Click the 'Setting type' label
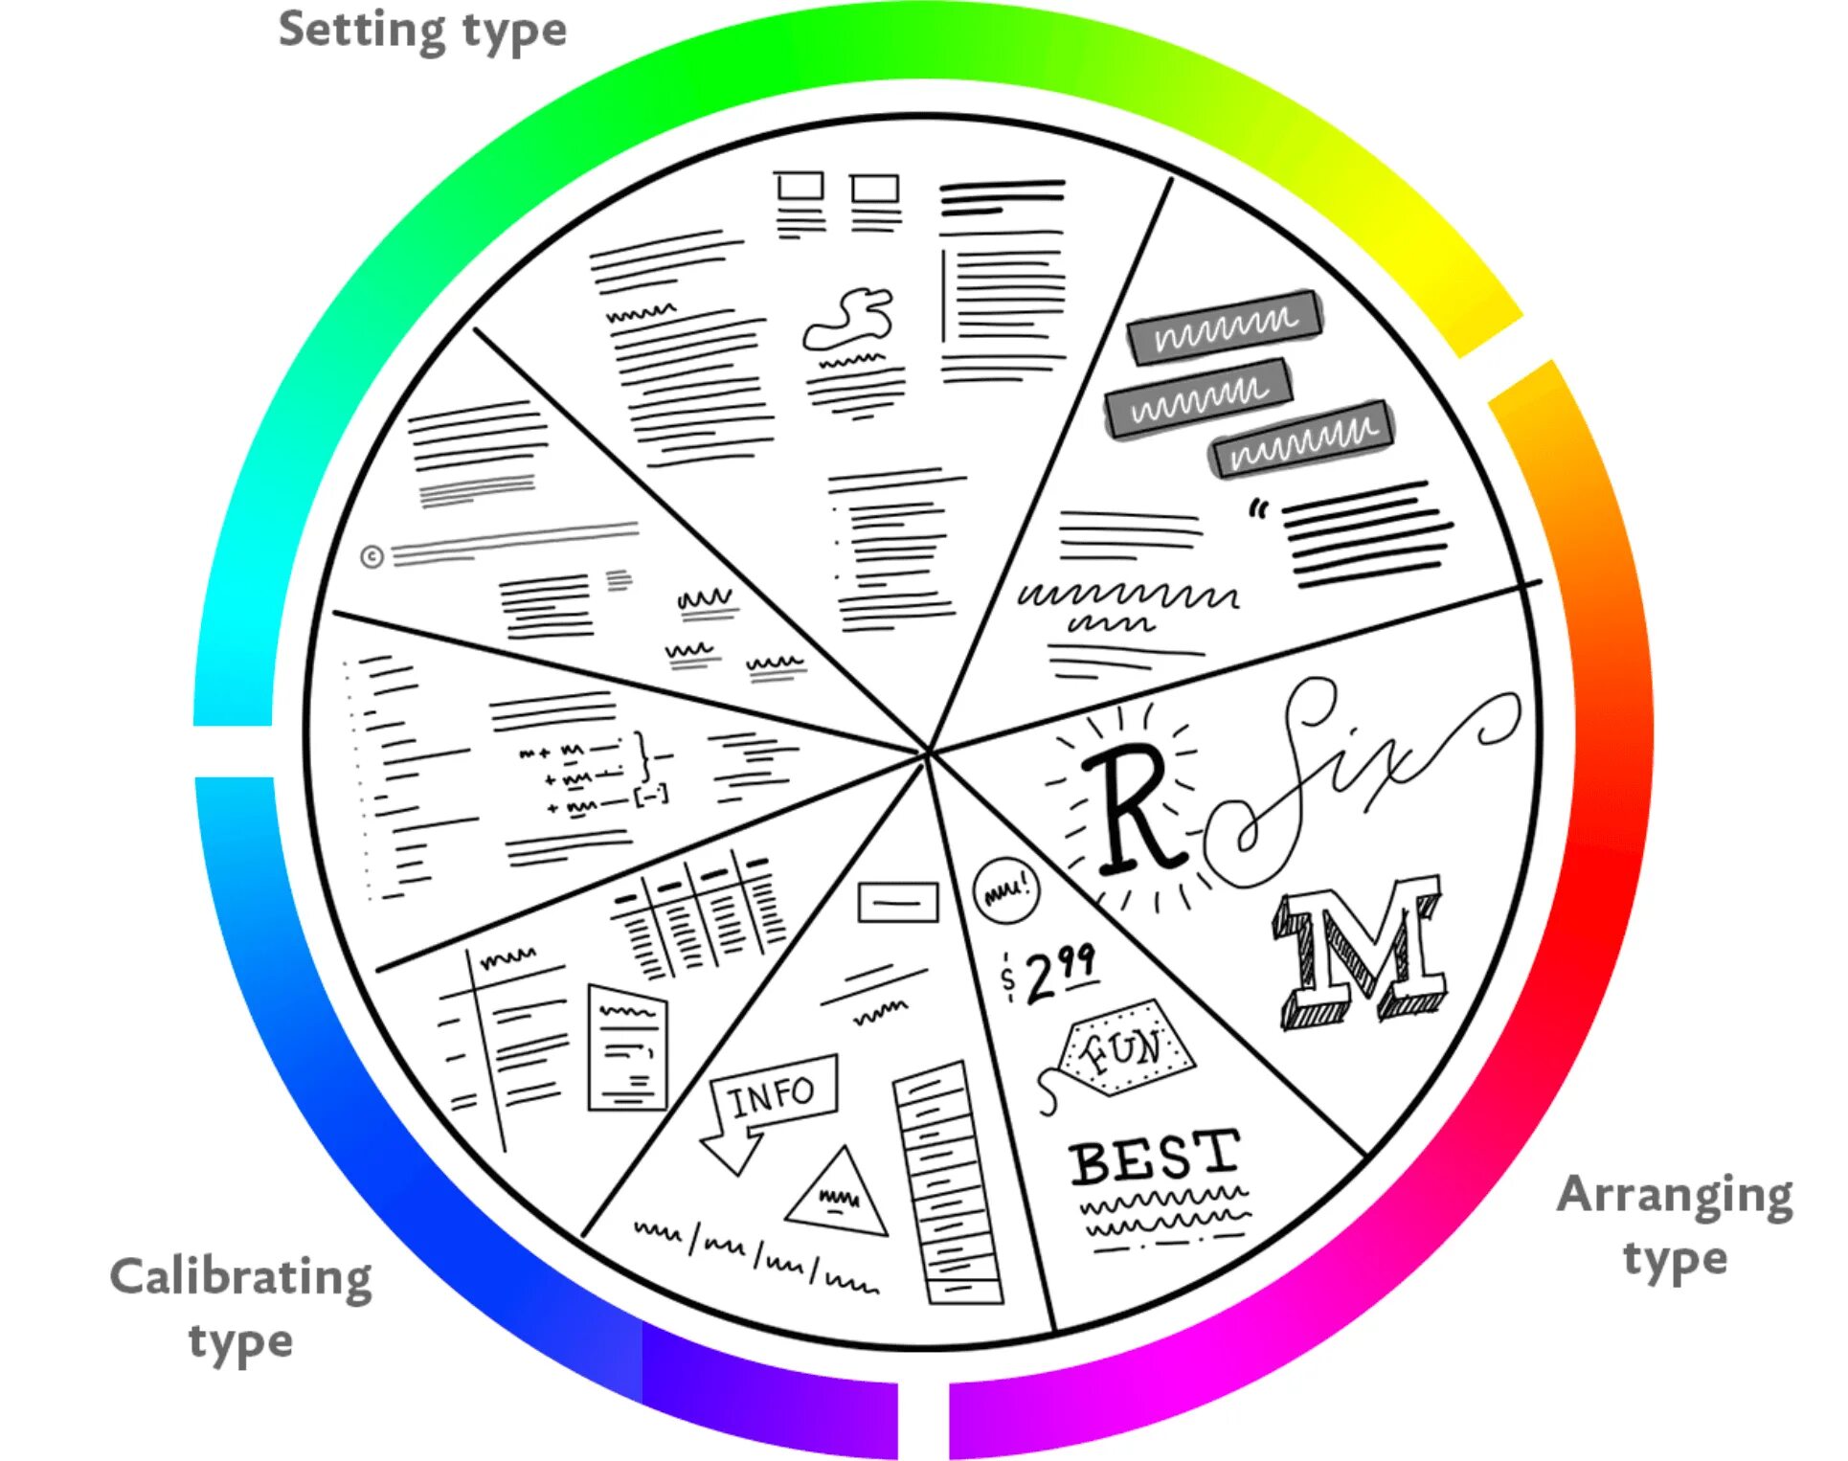422,31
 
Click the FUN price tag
1125,1049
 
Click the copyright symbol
372,556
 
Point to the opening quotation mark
1258,509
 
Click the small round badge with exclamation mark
1005,889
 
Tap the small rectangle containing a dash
897,902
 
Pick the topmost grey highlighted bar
1225,326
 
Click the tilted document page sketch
627,1049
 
